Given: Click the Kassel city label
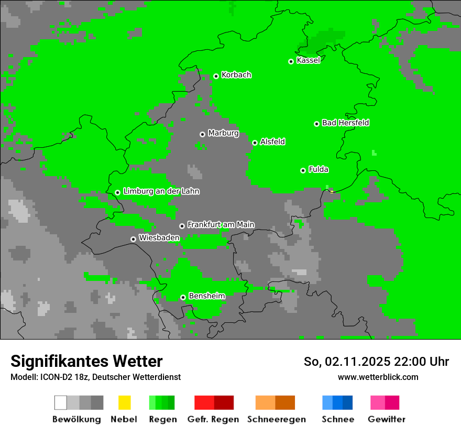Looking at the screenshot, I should point(308,60).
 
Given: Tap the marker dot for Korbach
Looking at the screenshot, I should point(216,76).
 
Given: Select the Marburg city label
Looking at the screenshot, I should point(223,133).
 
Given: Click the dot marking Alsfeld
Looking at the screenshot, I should point(255,143).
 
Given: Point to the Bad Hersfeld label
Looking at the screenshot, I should point(345,123).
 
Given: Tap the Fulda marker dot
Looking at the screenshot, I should point(303,170).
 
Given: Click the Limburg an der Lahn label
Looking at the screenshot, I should point(161,191).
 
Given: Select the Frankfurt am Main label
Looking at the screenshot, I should point(221,224).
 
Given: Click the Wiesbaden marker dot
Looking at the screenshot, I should point(133,239).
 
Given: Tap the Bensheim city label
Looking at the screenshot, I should point(206,296).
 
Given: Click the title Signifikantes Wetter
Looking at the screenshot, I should point(86,362).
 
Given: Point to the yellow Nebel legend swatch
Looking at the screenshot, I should point(124,403).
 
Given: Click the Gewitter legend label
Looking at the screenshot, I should point(387,419).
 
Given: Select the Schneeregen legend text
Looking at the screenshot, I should point(277,419).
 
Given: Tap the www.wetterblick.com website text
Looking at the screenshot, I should point(378,377).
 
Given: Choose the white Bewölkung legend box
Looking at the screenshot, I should point(61,403).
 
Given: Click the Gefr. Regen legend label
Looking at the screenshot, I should point(213,419).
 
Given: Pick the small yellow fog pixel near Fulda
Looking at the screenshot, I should point(332,192).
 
